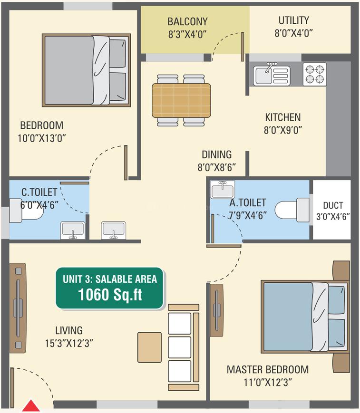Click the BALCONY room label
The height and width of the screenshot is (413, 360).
187,21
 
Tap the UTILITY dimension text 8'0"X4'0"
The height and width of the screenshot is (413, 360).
293,33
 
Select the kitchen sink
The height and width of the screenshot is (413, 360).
272,75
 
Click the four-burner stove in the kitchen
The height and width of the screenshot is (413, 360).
315,74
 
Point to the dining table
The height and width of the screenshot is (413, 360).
181,100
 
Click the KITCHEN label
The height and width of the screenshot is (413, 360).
283,117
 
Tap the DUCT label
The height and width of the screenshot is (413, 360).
333,205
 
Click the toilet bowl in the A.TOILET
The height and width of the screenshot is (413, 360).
292,210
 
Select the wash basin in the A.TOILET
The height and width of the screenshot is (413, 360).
223,190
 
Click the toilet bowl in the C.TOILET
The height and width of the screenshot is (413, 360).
26,211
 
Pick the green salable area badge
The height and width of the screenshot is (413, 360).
109,288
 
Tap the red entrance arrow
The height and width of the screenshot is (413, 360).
31,406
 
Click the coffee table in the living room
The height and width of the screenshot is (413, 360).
149,347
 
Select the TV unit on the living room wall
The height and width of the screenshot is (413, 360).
18,308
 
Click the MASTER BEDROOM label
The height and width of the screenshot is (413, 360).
267,370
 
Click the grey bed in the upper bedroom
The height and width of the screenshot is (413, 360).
86,70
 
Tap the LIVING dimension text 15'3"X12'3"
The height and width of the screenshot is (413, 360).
69,344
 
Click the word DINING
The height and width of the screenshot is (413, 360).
217,154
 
